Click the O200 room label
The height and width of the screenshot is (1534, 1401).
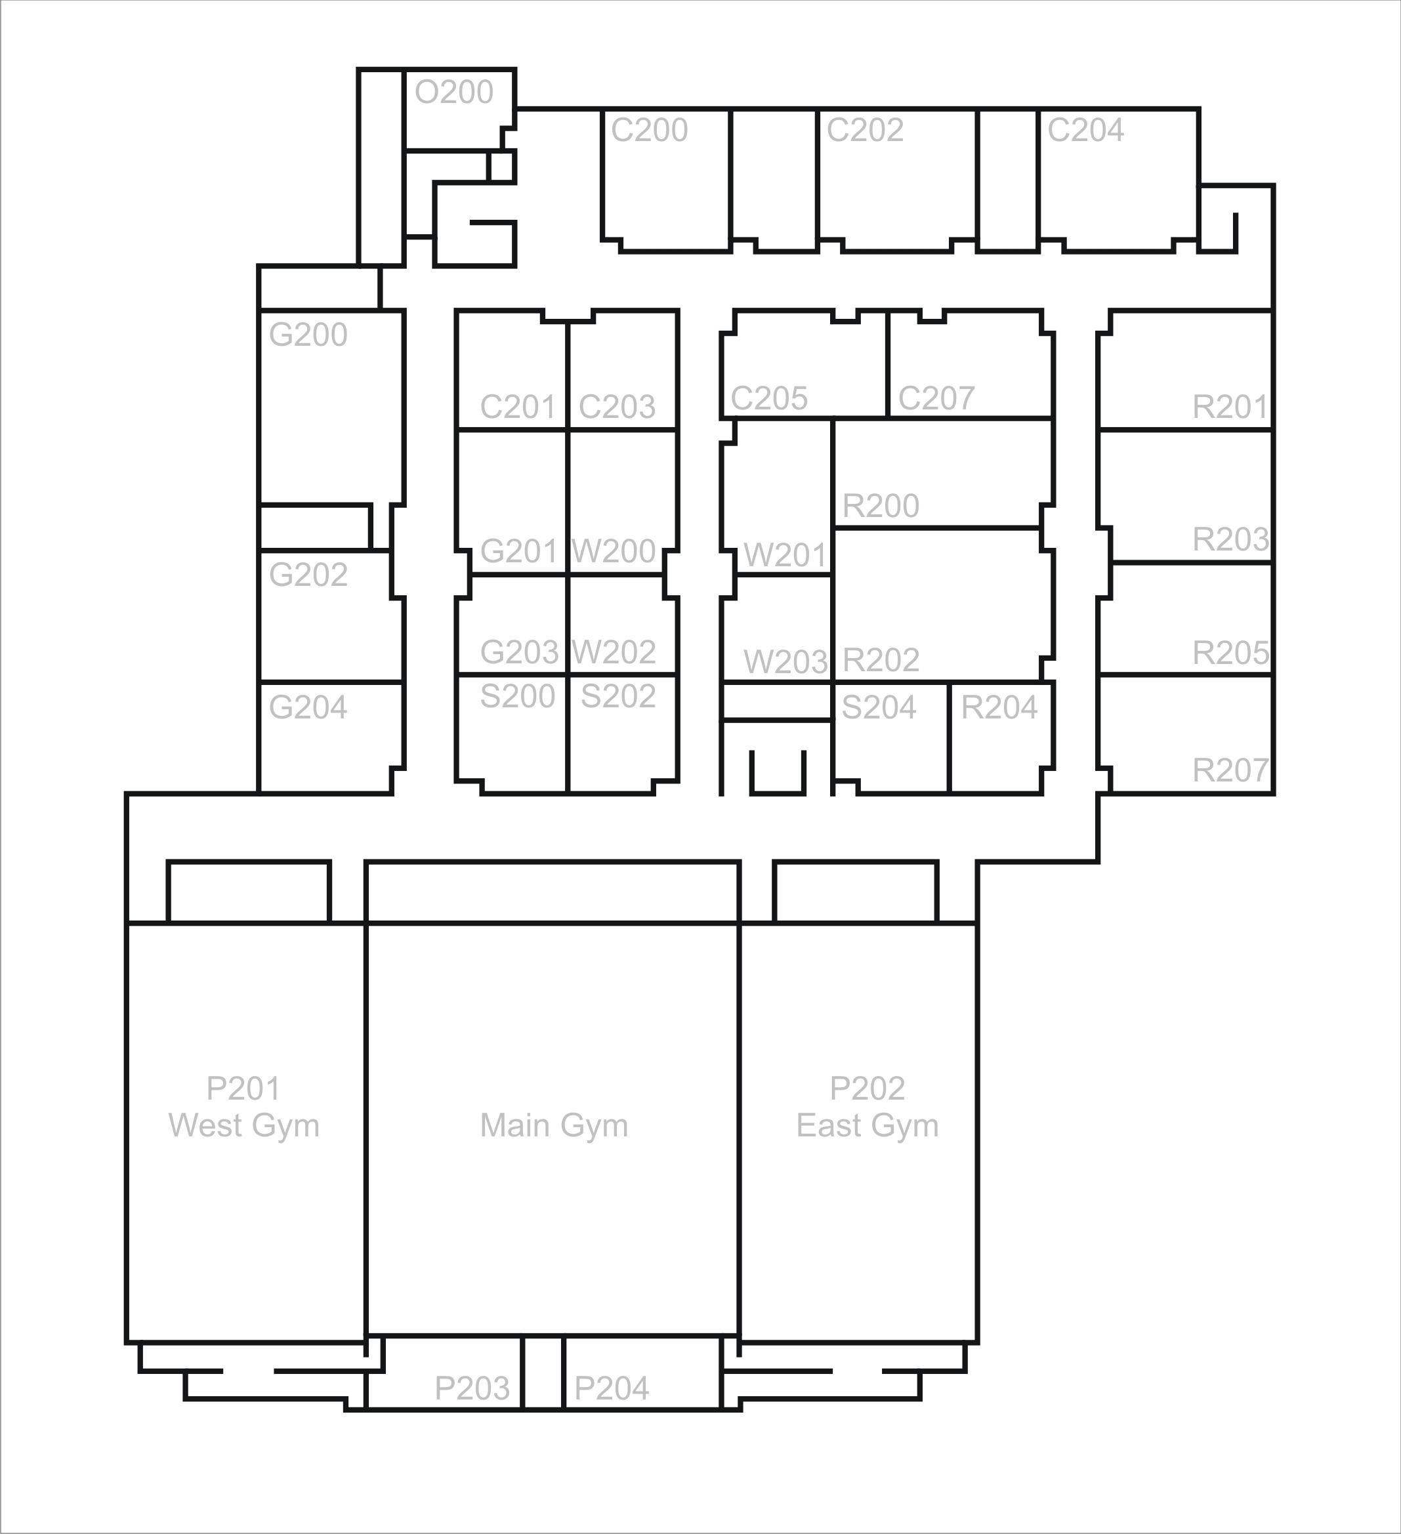(x=454, y=92)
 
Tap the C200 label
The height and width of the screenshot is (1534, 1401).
(x=649, y=130)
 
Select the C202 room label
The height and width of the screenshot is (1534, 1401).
(x=866, y=130)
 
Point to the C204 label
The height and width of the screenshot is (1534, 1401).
(x=1086, y=130)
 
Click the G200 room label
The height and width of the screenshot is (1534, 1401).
(x=308, y=335)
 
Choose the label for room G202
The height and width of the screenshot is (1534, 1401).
(x=308, y=575)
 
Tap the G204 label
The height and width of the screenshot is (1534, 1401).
(x=308, y=708)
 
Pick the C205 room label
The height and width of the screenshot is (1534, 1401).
(x=769, y=398)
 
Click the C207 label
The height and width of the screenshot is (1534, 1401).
(x=937, y=398)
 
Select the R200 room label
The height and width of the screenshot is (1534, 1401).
(x=881, y=506)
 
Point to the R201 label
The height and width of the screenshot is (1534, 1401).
(x=1230, y=407)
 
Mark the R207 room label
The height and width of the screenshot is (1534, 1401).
(x=1230, y=771)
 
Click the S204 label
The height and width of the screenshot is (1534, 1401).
(x=879, y=708)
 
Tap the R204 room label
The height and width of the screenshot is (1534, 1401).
(x=999, y=708)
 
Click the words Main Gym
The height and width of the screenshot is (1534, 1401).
(x=554, y=1125)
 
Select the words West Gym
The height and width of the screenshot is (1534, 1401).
(x=243, y=1125)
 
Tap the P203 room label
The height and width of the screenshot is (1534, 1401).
(x=472, y=1388)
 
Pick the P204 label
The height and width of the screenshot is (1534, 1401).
(x=612, y=1388)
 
